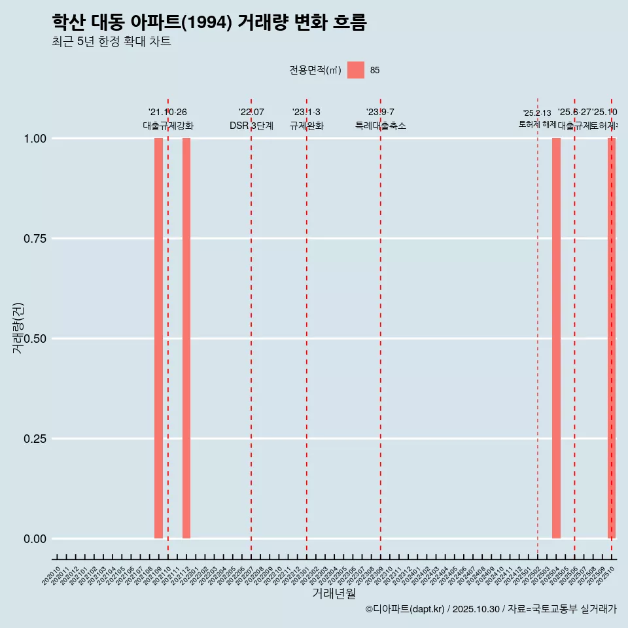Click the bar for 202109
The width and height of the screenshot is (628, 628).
158,338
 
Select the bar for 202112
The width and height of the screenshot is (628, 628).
186,338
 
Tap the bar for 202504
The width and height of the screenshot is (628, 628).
556,338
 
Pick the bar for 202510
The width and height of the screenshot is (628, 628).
612,338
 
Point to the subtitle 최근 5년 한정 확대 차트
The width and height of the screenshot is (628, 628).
111,42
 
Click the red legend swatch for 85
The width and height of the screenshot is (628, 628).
356,70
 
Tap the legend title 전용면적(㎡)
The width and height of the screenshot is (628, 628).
315,70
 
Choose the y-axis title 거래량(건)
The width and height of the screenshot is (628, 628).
18,328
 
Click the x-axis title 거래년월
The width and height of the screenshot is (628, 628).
334,594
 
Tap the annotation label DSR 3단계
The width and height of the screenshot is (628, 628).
251,126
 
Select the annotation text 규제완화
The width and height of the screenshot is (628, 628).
307,126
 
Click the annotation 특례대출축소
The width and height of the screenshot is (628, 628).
381,126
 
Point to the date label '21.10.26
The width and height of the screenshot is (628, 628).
168,113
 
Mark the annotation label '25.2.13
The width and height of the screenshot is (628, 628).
537,113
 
